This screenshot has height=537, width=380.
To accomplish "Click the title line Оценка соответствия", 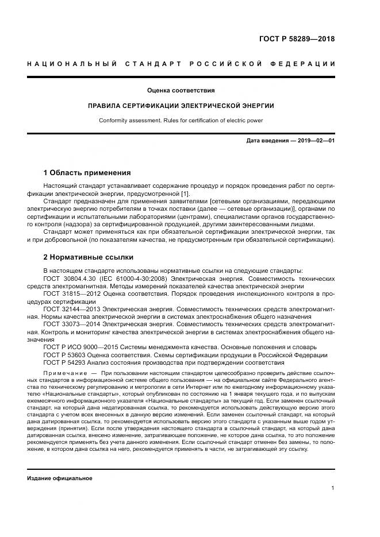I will coord(181,90).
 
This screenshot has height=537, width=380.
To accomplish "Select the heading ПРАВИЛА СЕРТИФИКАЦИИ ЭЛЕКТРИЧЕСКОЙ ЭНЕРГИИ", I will coord(181,106).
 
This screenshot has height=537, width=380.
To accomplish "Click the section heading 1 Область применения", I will coord(87,173).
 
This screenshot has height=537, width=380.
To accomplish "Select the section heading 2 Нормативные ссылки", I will coord(88,257).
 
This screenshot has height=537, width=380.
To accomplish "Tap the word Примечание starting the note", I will coord(62,374).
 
